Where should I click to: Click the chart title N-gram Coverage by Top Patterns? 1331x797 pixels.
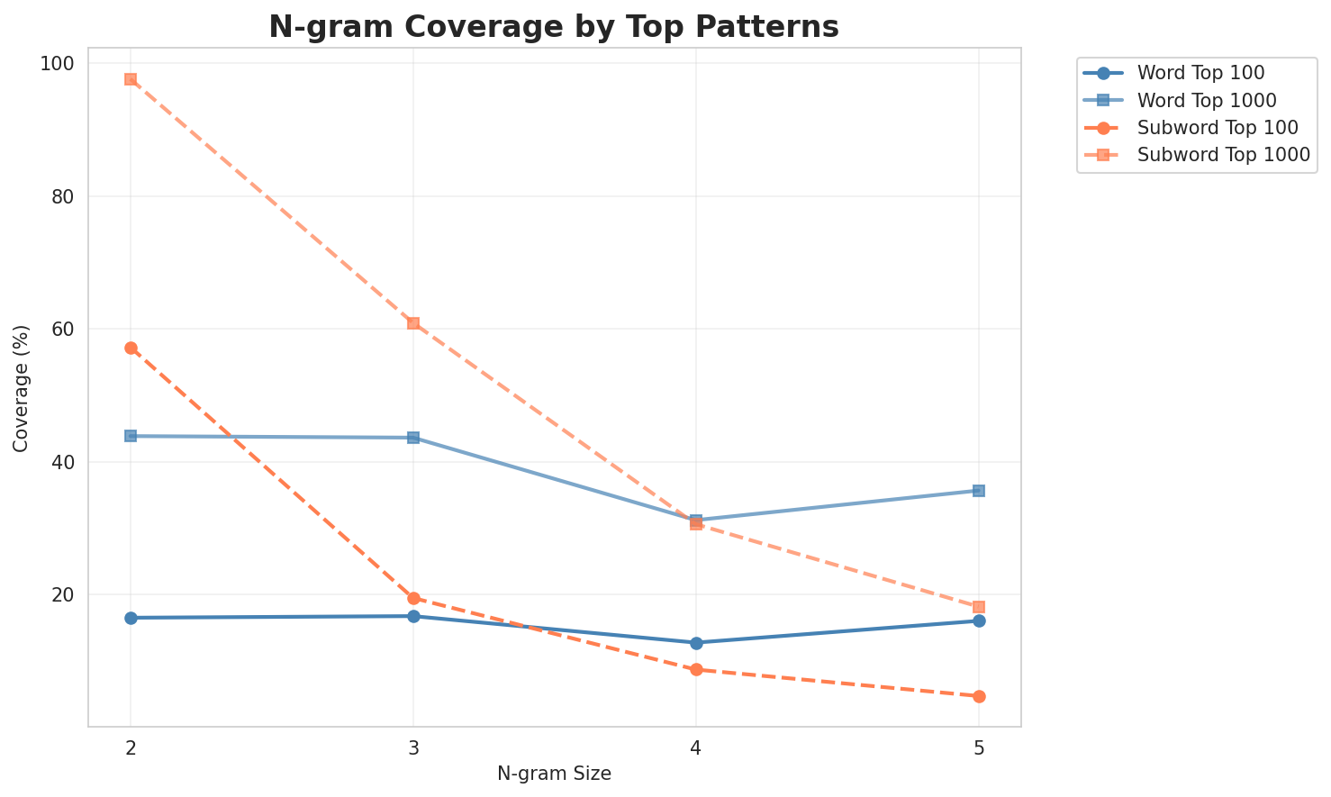coord(554,27)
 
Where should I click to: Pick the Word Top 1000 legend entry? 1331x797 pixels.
coord(1207,99)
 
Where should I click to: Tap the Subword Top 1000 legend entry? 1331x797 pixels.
coord(1223,154)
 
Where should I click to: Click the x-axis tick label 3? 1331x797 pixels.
coord(413,748)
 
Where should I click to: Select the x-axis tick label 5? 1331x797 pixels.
coord(979,748)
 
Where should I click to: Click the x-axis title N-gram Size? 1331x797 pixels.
coord(554,774)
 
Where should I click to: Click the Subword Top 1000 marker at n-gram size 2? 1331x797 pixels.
coord(131,79)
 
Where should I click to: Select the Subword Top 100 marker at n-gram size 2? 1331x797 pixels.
coord(131,348)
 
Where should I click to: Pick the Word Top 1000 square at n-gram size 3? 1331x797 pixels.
coord(413,438)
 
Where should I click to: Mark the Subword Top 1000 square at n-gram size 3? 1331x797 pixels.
coord(413,323)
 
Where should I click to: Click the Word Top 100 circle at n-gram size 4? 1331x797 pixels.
coord(696,643)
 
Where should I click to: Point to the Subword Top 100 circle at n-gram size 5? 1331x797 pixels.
coord(979,696)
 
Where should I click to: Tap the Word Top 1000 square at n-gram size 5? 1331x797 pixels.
coord(979,491)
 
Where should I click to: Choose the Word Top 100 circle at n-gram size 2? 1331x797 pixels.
coord(131,618)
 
